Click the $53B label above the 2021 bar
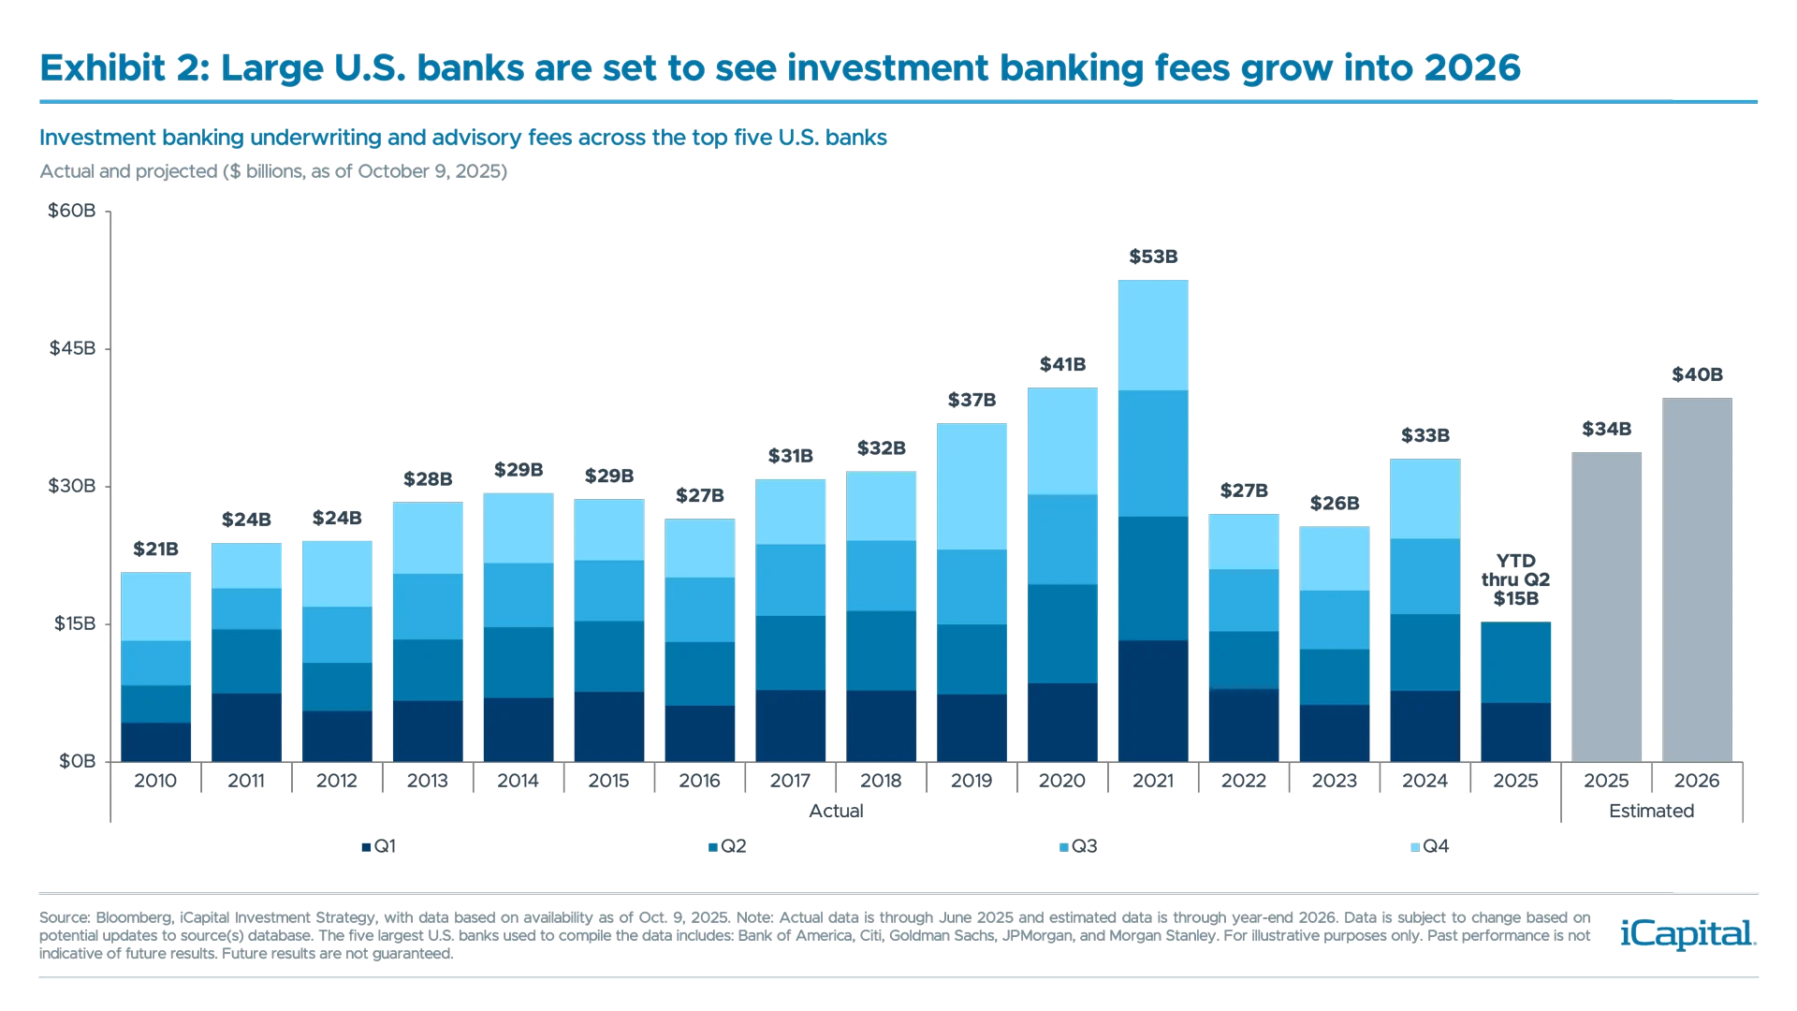(1153, 256)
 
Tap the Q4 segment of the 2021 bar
(1153, 334)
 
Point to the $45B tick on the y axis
(72, 349)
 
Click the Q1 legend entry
(379, 846)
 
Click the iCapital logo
(1685, 933)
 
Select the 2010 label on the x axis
(155, 781)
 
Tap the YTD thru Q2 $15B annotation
(1515, 579)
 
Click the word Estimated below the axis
(1651, 812)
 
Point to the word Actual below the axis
(837, 812)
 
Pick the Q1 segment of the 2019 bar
(972, 727)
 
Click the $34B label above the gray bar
(1606, 430)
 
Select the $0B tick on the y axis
(78, 761)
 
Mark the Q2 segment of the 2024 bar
(1424, 652)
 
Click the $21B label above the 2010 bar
(155, 549)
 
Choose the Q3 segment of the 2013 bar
(428, 607)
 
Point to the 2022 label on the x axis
(1243, 781)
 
